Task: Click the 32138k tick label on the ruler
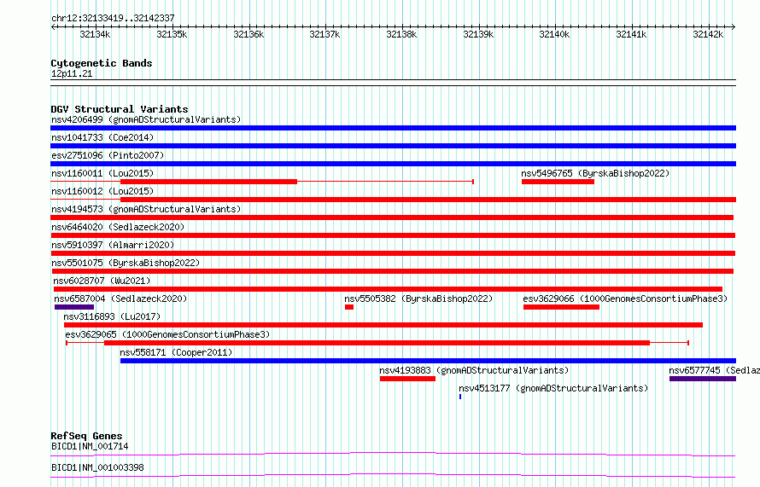(x=401, y=34)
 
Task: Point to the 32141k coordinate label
(x=631, y=34)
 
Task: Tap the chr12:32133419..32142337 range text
(x=113, y=19)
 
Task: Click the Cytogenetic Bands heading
(x=102, y=63)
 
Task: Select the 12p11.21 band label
(x=72, y=73)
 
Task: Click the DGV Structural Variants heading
(x=120, y=109)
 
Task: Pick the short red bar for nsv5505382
(x=349, y=307)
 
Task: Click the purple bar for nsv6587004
(x=74, y=307)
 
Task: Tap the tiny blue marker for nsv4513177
(x=460, y=397)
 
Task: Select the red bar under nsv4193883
(x=407, y=379)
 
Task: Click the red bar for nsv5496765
(x=558, y=182)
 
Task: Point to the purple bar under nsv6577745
(x=703, y=379)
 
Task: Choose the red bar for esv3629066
(x=561, y=307)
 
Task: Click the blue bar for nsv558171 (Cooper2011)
(x=428, y=361)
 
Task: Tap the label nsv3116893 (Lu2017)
(x=112, y=316)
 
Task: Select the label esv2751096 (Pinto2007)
(x=108, y=155)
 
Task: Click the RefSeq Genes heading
(x=86, y=436)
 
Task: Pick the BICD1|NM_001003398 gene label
(x=97, y=467)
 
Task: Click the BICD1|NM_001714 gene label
(x=90, y=446)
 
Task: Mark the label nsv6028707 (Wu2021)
(x=102, y=281)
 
